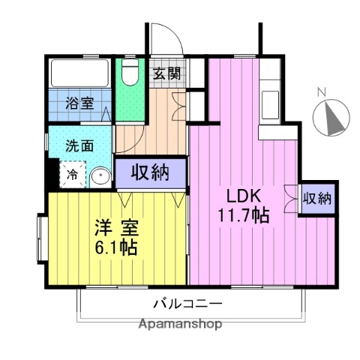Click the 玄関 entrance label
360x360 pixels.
coord(167,73)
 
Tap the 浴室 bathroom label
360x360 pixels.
coord(79,103)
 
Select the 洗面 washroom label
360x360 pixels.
coord(79,146)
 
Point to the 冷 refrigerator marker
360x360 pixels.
coord(73,175)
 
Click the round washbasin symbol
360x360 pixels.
coord(100,177)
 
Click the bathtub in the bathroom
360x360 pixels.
coord(80,73)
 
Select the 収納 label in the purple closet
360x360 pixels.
coord(150,172)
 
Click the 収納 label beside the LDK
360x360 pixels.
coord(317,199)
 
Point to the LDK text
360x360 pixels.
coord(244,195)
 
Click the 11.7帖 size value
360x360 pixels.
coord(244,214)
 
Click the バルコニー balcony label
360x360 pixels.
coord(187,304)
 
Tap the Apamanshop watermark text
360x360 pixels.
coord(181,325)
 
